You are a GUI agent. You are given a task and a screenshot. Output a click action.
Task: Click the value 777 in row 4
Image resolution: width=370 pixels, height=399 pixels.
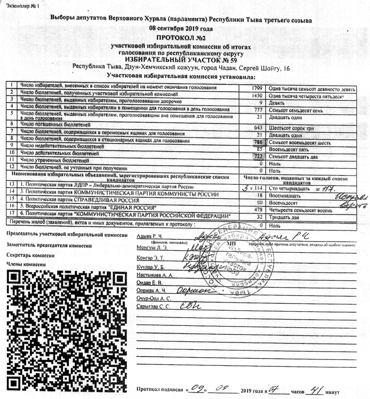tap(258, 109)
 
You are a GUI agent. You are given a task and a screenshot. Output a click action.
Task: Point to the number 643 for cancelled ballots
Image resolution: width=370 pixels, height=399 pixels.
tap(258, 127)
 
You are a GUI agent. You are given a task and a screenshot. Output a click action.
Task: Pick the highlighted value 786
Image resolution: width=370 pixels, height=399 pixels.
tap(258, 142)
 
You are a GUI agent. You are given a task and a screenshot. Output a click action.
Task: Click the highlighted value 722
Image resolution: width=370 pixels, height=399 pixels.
tap(258, 157)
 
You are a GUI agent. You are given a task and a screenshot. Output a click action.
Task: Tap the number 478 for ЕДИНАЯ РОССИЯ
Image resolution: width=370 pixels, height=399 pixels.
tap(258, 209)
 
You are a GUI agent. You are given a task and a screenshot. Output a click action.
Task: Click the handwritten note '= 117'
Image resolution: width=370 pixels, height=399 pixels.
tap(322, 187)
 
